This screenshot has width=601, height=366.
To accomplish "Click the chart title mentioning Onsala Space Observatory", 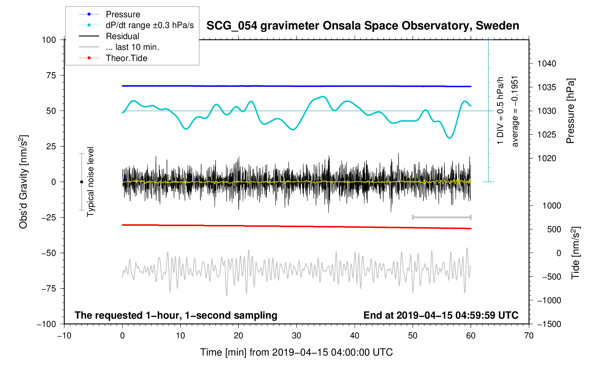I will (x=363, y=26).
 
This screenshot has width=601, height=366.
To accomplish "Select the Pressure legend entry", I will (x=123, y=14).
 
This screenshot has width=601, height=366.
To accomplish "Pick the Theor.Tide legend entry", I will (x=126, y=58).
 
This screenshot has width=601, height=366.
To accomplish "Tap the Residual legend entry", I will (x=122, y=36).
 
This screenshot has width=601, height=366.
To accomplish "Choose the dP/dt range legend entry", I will (x=150, y=25).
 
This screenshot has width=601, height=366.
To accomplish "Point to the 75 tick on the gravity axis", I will (x=51, y=75).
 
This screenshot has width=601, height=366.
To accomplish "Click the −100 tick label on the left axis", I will (x=47, y=324).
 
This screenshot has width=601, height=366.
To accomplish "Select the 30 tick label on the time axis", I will (x=297, y=336).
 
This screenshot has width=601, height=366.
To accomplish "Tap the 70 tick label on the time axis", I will (x=529, y=336).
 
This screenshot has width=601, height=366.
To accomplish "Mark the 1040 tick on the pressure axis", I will (x=546, y=64).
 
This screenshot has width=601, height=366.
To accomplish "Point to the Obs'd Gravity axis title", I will (x=24, y=182).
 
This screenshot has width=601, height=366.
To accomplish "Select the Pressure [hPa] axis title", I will (x=570, y=111).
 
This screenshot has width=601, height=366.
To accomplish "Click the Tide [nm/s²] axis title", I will (x=575, y=253).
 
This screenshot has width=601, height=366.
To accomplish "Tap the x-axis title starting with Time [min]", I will (x=296, y=352).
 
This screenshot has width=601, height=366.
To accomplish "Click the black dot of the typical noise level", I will (x=81, y=182).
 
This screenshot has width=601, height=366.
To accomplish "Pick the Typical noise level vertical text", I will (x=90, y=182).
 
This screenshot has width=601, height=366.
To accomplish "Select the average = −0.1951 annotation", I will (x=515, y=111).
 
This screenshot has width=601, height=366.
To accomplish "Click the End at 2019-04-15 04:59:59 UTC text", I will (x=441, y=315).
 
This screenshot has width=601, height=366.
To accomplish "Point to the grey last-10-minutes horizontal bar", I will (x=442, y=217).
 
